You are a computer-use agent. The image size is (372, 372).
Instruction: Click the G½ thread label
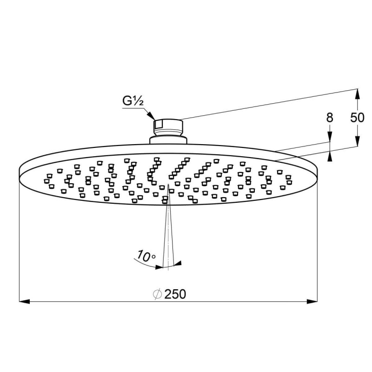[133, 101]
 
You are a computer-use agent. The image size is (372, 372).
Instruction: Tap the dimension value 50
[357, 118]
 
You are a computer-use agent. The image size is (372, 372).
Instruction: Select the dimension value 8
[330, 118]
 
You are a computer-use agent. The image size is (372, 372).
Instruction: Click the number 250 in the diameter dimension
[175, 294]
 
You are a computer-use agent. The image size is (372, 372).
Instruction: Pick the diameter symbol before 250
[158, 294]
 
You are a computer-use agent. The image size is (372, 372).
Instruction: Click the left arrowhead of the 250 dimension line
[25, 302]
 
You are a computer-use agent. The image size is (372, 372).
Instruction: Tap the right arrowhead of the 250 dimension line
[312, 302]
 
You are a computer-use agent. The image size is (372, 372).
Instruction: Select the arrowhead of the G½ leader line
[151, 115]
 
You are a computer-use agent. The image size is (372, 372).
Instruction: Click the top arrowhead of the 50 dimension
[357, 94]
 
